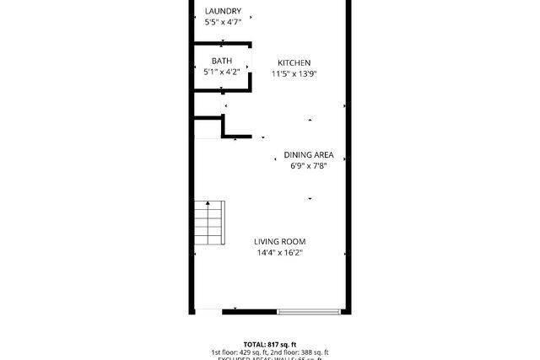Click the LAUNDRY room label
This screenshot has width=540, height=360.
223,11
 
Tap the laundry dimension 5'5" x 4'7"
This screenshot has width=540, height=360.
223,22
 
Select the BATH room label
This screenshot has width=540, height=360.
221,61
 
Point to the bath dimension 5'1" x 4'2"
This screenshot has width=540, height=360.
221,72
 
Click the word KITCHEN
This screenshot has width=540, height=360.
294,62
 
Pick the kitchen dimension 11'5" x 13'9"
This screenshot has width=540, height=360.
294,73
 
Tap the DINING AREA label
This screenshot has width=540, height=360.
309,155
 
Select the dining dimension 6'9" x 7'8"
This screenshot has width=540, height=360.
309,166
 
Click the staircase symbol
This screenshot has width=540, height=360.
208,224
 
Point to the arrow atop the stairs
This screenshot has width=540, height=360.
208,204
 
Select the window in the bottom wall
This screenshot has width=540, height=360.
309,312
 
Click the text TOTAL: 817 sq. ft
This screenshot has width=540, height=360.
269,344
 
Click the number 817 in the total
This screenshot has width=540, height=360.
273,344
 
